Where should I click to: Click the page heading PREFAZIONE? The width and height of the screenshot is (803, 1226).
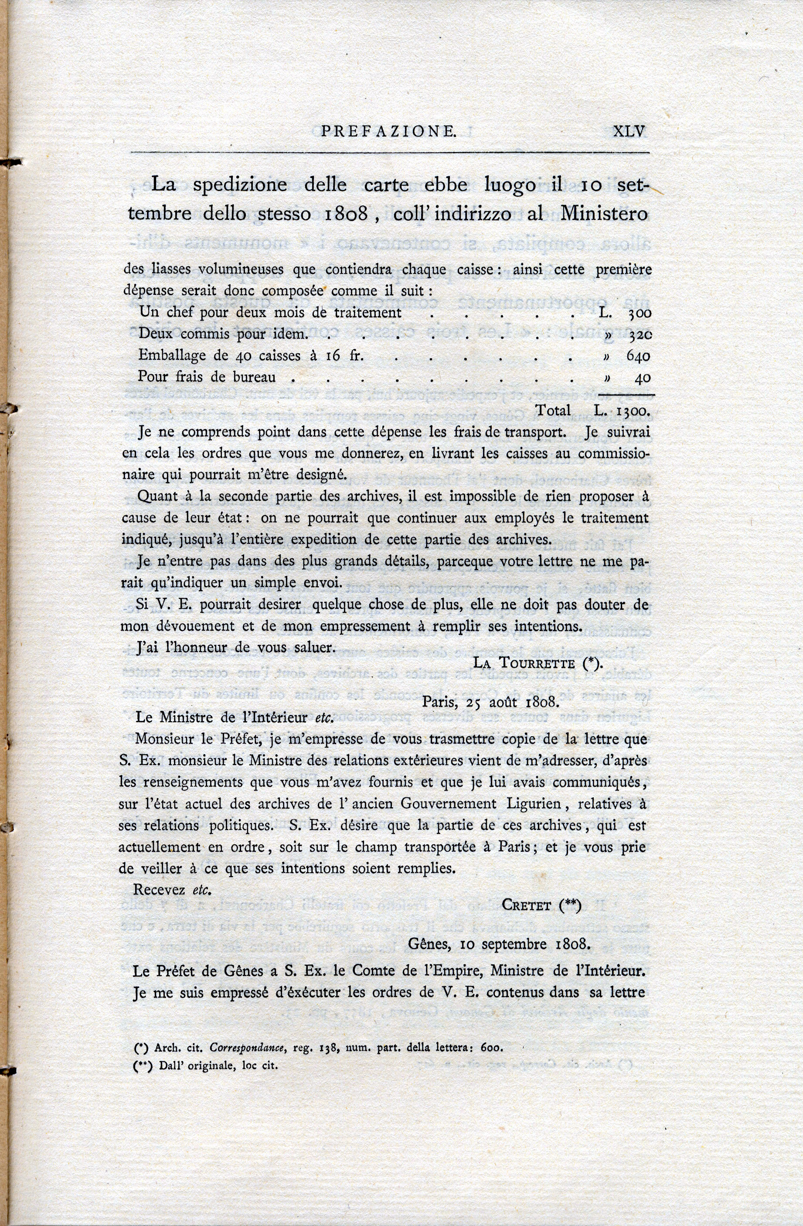pos(388,132)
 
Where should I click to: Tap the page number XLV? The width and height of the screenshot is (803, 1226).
pos(629,131)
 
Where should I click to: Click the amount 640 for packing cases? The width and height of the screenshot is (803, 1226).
pos(638,356)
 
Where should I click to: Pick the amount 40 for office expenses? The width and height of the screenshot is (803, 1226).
pos(643,378)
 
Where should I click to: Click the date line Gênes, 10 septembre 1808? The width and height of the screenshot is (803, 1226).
pos(498,944)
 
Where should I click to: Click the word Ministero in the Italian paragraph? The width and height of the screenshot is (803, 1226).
pos(603,213)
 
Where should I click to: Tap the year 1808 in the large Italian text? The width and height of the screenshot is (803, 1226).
pos(347,214)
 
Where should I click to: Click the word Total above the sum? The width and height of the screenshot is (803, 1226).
pos(553,410)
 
